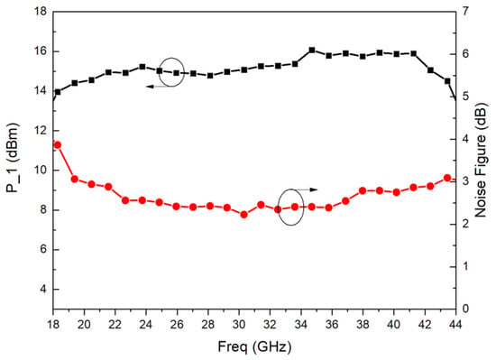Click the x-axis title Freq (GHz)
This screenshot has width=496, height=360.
coord(254,347)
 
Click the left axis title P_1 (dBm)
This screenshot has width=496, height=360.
coord(13,158)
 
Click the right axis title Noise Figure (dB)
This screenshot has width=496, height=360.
coord(481,160)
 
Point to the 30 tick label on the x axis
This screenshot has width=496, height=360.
coord(239,325)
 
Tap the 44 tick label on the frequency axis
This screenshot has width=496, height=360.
coord(455,325)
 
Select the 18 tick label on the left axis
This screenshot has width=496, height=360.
coord(40,12)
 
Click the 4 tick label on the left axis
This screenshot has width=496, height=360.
coord(43,289)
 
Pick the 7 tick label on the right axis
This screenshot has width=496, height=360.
coord(465,12)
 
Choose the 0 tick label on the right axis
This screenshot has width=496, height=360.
coord(465,309)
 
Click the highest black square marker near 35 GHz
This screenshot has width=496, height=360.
coord(312,50)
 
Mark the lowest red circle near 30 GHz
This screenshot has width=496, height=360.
coord(243,215)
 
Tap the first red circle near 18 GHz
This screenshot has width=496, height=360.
coord(58,145)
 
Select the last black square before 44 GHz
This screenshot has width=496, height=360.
coord(447,81)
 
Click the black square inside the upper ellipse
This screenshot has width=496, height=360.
coord(177,73)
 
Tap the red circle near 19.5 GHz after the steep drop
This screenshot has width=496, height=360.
coord(75,179)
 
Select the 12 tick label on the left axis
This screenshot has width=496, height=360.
coord(40,131)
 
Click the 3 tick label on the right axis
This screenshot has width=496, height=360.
coord(465,181)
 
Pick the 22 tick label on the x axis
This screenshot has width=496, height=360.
coord(115,325)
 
